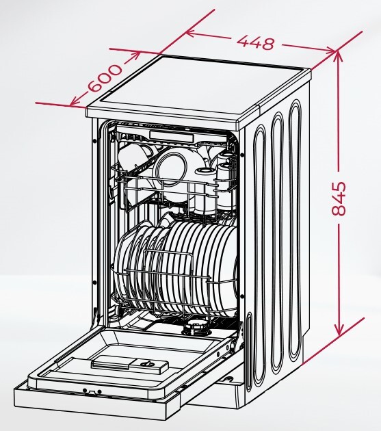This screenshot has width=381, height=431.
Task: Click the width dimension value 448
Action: [255, 43]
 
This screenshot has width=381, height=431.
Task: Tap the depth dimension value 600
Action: [105, 79]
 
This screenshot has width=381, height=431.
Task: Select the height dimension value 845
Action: [339, 198]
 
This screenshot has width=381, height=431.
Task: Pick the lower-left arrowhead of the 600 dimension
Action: [75, 102]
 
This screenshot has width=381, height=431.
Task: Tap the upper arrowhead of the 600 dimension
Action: [135, 56]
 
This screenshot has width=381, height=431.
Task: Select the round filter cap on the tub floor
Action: [196, 328]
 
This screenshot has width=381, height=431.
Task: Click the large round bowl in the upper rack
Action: [171, 164]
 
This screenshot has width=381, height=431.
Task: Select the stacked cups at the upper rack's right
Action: [226, 173]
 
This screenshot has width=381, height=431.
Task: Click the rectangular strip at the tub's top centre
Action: [172, 135]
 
